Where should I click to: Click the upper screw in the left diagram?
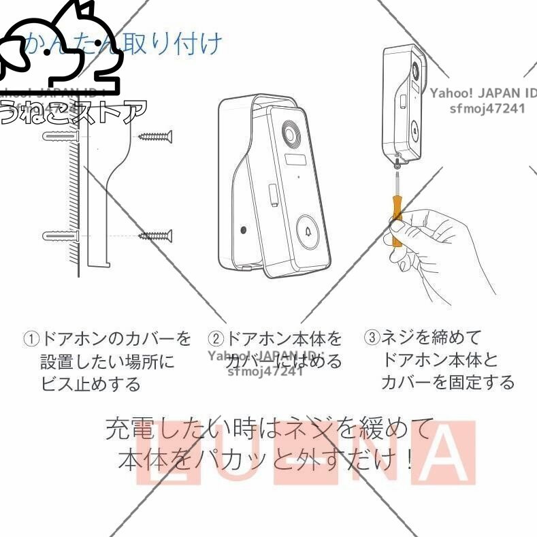coord(155,137)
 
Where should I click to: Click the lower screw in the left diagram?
coord(155,236)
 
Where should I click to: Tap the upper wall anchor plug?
coord(61,137)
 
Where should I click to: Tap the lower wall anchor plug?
coord(61,237)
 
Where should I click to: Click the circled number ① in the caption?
coord(31,338)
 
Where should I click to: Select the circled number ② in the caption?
coord(216,338)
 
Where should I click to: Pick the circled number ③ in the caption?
coord(372,337)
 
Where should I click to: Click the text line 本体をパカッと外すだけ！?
coord(265,460)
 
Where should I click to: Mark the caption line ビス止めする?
coord(91,384)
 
